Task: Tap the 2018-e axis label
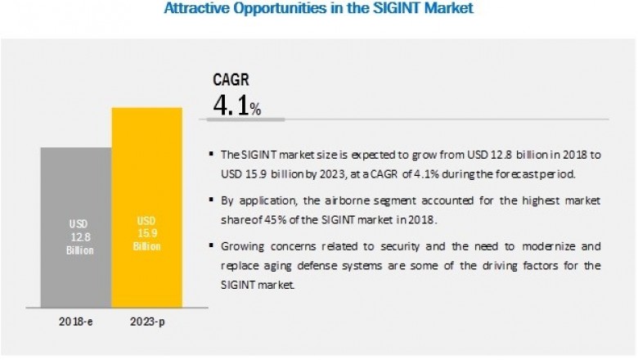(x=76, y=322)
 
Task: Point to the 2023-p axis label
(x=147, y=322)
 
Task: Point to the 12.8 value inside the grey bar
(x=76, y=236)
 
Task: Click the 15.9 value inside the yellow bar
(x=146, y=236)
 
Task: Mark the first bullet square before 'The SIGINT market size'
(x=212, y=154)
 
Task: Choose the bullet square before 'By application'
(x=212, y=199)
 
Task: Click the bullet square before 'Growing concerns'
(x=212, y=245)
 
